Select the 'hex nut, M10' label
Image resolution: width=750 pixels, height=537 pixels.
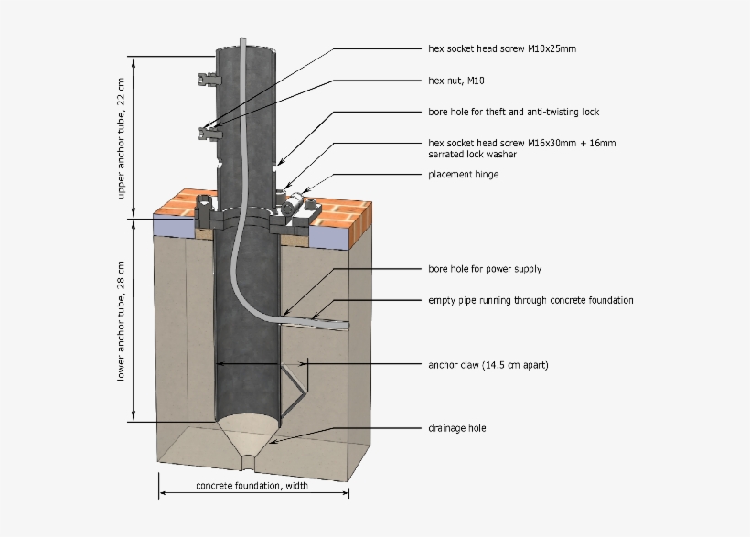456,81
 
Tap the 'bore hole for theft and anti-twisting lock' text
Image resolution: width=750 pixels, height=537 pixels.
513,112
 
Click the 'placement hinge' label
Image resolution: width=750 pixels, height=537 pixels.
464,174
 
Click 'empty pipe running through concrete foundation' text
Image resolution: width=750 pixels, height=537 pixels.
530,300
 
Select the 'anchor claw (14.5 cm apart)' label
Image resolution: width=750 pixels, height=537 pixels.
488,365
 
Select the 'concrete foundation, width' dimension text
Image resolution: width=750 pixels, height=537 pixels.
252,485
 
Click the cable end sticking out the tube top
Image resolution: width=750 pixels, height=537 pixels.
243,42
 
